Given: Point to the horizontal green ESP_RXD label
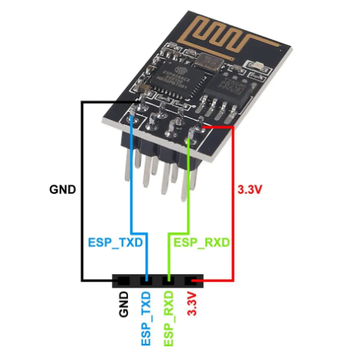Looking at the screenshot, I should (202, 242).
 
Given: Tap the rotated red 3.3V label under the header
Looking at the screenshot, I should (192, 305).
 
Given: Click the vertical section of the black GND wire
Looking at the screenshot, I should (83, 191).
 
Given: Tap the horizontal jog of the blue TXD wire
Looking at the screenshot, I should (139, 231).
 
